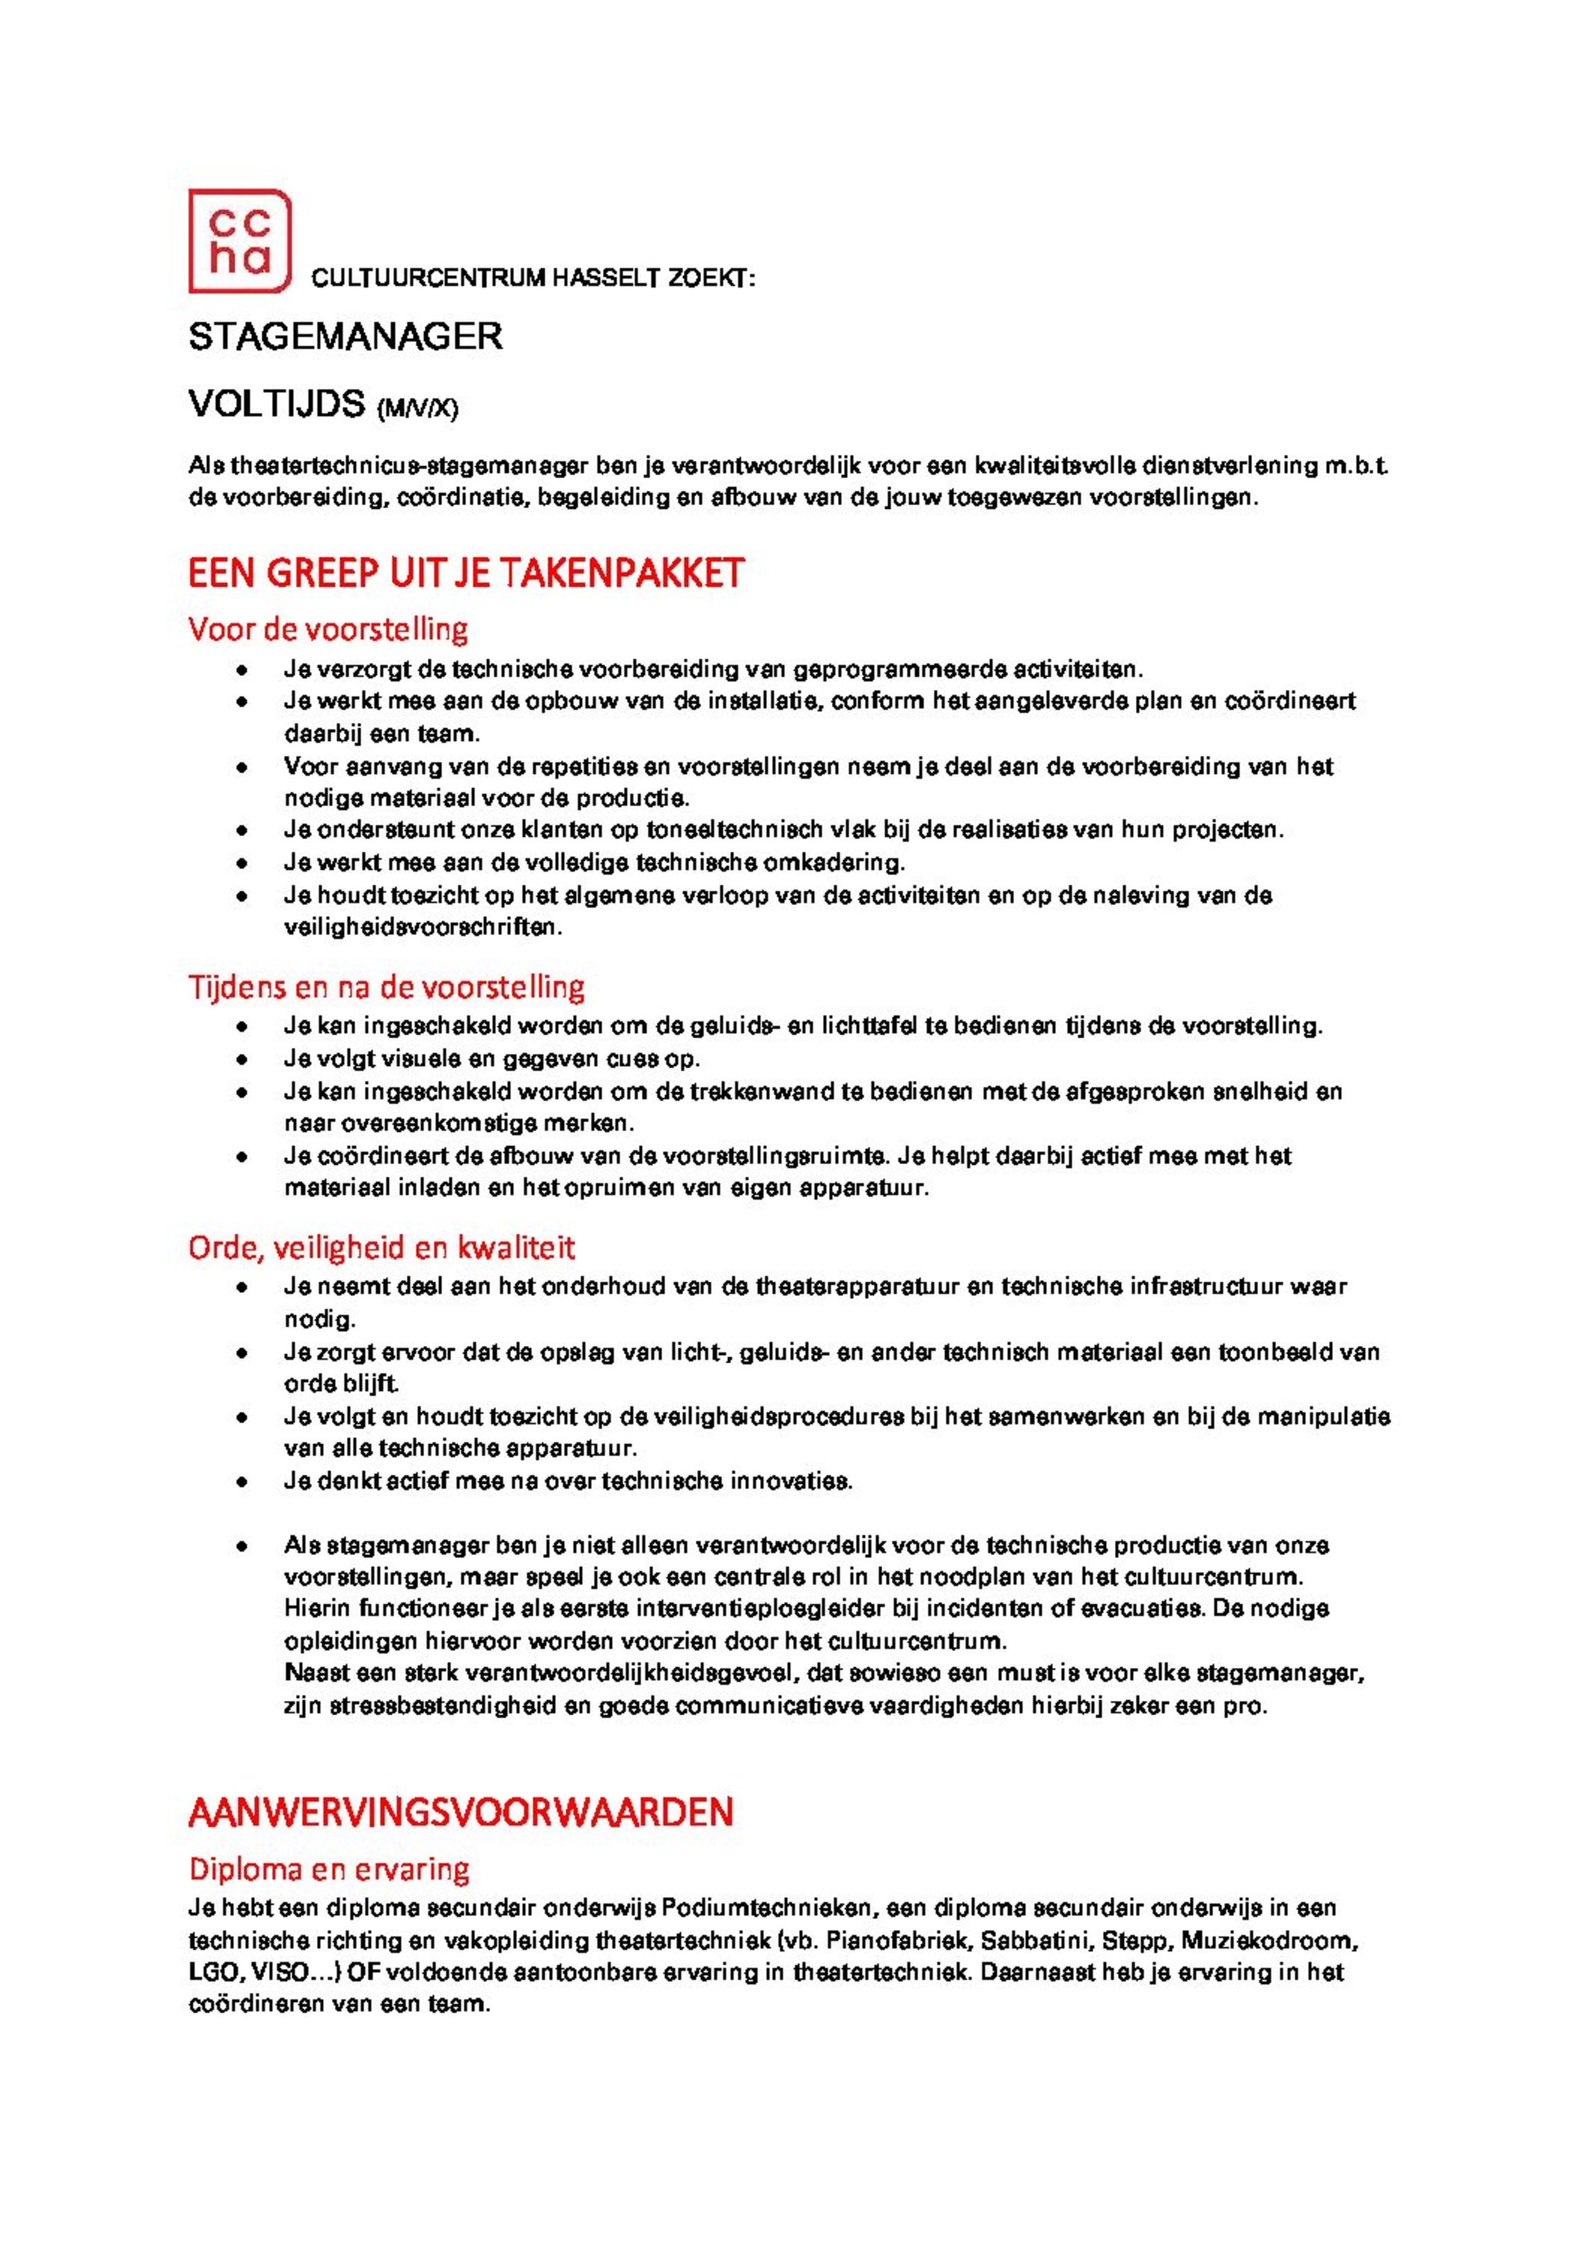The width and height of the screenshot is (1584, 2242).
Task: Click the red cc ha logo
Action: (x=239, y=241)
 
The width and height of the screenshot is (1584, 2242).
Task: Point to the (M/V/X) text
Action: (x=417, y=408)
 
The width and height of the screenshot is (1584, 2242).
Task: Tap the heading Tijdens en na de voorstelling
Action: (x=386, y=987)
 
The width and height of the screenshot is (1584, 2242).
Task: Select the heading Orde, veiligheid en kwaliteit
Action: (x=381, y=1248)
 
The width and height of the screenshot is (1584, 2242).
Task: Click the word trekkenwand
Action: (x=761, y=1092)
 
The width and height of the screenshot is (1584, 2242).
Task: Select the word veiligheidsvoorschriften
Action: (x=423, y=928)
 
